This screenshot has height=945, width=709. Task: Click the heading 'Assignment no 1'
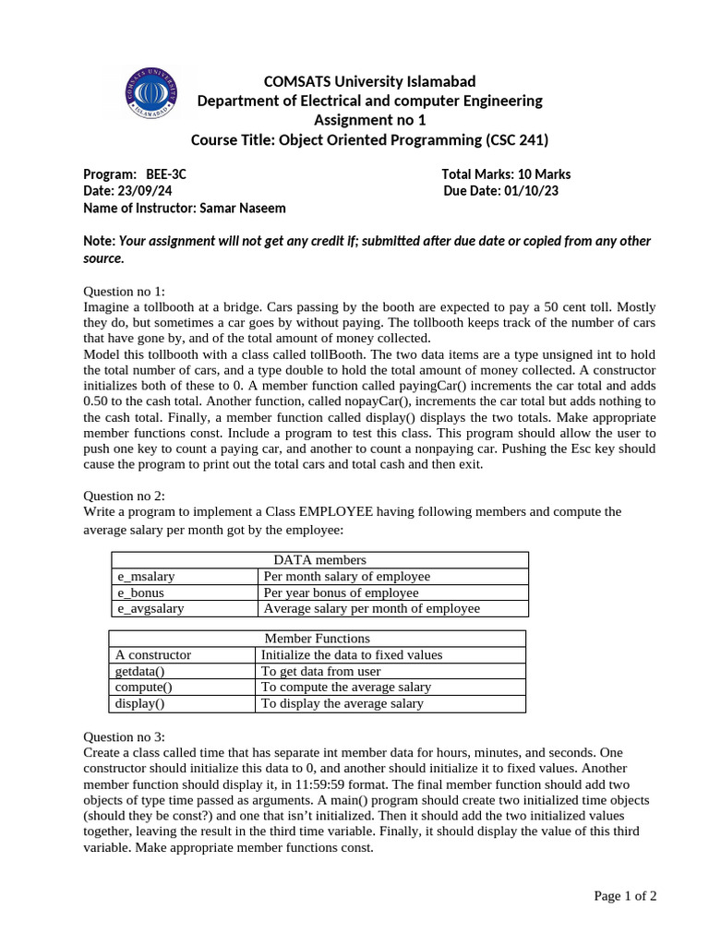point(369,120)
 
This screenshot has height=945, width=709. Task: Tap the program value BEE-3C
point(166,174)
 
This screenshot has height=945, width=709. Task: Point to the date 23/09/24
point(144,191)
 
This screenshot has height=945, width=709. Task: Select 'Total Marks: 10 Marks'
point(506,174)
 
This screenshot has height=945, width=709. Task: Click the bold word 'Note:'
point(100,241)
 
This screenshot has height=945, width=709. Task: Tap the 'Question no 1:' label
point(124,291)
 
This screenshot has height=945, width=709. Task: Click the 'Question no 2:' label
point(124,496)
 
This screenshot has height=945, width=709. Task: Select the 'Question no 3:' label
point(124,736)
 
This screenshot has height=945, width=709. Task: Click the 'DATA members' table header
point(319,560)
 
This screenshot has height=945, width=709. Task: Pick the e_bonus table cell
point(140,592)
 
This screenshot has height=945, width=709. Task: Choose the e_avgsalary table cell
point(150,609)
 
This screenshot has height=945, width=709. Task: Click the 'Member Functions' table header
point(317,639)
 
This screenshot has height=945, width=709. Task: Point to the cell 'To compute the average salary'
point(345,688)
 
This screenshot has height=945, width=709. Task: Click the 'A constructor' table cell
point(153,655)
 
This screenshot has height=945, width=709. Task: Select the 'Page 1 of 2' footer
point(625,895)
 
